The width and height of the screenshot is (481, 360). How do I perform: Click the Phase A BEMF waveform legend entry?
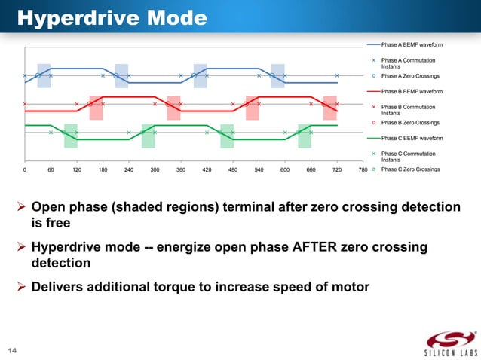click(412, 45)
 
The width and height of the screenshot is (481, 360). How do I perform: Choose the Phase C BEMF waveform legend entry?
click(412, 139)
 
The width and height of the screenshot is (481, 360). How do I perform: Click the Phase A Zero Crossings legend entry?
click(411, 76)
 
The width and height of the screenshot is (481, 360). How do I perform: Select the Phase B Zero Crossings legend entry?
click(411, 123)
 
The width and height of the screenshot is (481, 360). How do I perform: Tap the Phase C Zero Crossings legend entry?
click(411, 169)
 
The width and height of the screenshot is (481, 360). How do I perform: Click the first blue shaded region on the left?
click(44, 75)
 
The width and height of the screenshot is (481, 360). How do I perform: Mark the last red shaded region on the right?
click(329, 108)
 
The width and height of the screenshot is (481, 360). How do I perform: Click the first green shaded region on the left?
click(70, 136)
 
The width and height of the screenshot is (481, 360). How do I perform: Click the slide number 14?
click(13, 350)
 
